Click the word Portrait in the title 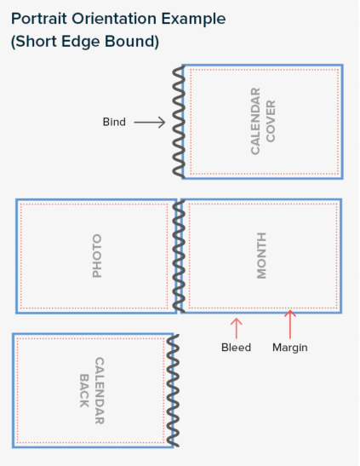pos(39,19)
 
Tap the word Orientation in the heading pos(114,19)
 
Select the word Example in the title pos(193,20)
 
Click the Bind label pos(114,122)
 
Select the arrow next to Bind pos(150,122)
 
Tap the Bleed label pos(237,347)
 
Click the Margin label pos(290,348)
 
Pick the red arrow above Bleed pos(237,328)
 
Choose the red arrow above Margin pos(290,325)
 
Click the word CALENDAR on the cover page pos(255,121)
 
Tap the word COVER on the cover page pos(271,121)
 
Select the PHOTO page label pos(97,256)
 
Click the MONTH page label pos(261,256)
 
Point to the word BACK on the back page pos(84,390)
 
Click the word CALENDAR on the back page pos(99,390)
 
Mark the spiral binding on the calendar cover pos(179,122)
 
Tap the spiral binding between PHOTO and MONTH pos(179,256)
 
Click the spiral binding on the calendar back pos(173,390)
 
